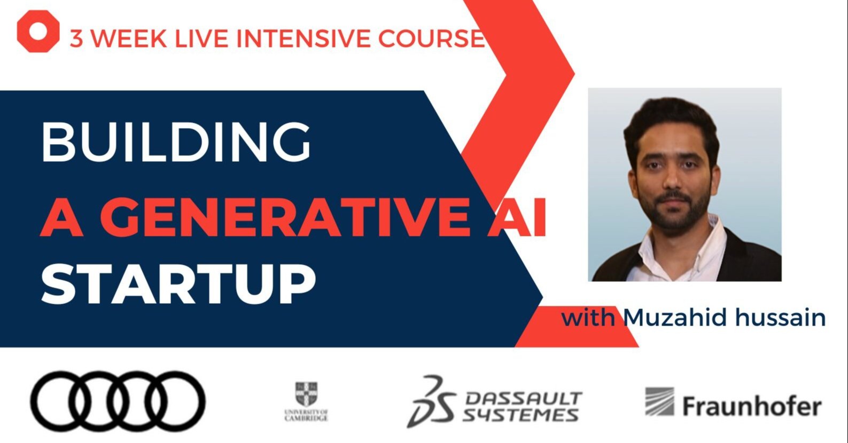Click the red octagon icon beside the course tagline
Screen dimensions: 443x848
pos(38,31)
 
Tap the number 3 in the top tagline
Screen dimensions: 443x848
pos(76,39)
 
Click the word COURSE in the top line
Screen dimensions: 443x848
pos(431,39)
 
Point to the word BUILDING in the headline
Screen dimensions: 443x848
pos(176,142)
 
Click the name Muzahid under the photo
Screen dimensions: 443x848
pos(675,318)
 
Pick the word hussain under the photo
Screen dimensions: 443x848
pos(781,318)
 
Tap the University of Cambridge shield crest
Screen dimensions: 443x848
pos(306,394)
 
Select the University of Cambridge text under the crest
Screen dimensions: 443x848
pos(306,415)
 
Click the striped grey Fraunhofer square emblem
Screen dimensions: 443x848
pos(659,401)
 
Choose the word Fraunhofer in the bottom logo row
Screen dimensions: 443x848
pos(751,407)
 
